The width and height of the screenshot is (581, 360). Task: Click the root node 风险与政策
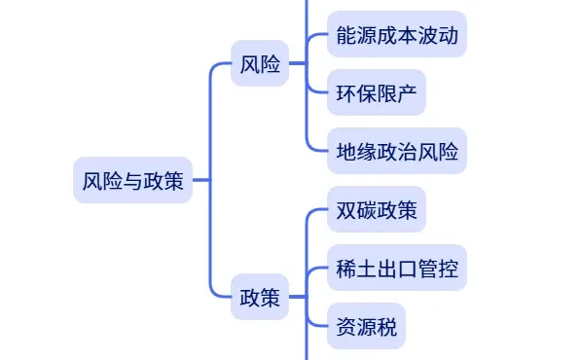click(132, 180)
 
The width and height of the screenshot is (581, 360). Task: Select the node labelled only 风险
click(260, 64)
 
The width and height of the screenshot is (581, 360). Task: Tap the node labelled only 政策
click(260, 298)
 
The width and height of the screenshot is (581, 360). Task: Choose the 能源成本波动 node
click(396, 37)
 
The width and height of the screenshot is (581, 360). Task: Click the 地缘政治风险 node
click(396, 151)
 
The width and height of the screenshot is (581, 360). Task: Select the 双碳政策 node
click(376, 211)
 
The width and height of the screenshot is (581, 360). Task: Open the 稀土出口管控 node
click(396, 268)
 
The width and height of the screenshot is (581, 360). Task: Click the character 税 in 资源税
click(386, 325)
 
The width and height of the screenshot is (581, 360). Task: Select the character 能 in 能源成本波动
click(346, 37)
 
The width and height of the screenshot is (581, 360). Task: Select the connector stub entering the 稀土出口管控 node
click(317, 268)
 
